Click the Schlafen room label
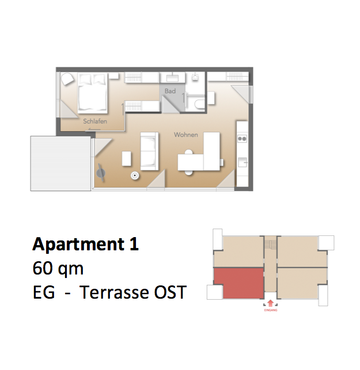[x=95, y=121]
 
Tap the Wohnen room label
[x=186, y=135]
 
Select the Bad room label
[x=170, y=91]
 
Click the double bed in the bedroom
[x=92, y=92]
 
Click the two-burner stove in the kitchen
[x=242, y=139]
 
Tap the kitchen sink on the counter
[x=242, y=162]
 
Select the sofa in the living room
[x=149, y=151]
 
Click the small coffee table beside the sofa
[x=126, y=158]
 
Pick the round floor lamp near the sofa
[x=135, y=176]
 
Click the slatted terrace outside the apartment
[x=60, y=163]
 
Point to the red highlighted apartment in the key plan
[x=239, y=283]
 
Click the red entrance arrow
[x=271, y=303]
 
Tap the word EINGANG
[x=271, y=310]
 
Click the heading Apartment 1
[x=85, y=245]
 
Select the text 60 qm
[x=58, y=269]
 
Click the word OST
[x=170, y=292]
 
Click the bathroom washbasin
[x=172, y=78]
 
